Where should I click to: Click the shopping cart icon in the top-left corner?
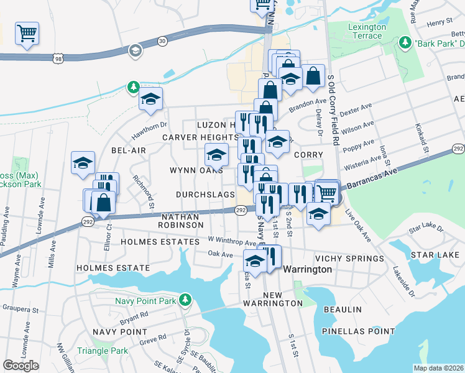coord(27,33)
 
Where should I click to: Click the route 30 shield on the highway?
coord(162,40)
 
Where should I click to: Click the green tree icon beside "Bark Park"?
coord(405,42)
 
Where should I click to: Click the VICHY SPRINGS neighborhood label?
coord(349,259)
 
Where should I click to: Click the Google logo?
coord(21,365)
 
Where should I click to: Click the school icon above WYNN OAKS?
coord(216,153)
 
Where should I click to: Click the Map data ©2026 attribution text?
coord(438,368)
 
